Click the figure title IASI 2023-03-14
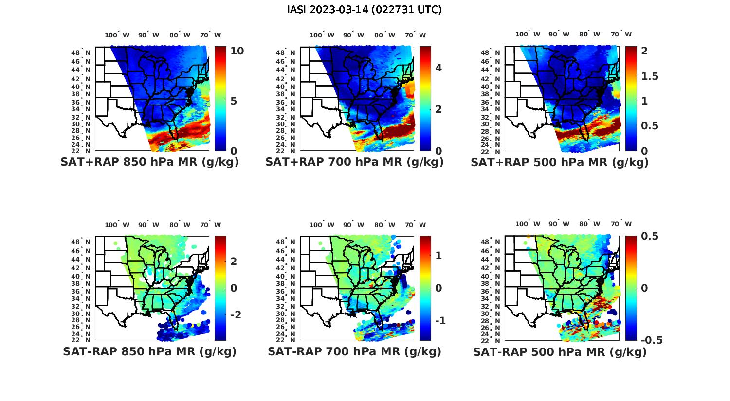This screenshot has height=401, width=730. coord(365,10)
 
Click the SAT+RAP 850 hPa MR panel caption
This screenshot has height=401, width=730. coord(149,162)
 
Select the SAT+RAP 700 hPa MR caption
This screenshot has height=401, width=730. coord(354,162)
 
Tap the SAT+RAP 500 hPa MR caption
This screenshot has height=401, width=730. coord(560,162)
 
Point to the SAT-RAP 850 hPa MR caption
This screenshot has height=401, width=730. coord(149,352)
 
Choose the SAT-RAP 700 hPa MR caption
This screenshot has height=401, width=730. coord(354,352)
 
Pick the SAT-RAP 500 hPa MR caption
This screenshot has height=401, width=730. coord(560,352)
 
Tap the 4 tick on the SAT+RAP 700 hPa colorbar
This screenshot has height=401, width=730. coord(438,68)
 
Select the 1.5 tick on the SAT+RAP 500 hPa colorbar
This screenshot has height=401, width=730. coord(650,76)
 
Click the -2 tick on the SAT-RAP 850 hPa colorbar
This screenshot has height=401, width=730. coord(235,315)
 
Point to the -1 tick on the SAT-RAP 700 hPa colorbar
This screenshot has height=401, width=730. coord(440,321)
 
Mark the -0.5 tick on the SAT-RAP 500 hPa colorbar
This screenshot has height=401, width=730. coord(652,340)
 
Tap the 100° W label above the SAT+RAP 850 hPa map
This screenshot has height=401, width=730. coord(117,35)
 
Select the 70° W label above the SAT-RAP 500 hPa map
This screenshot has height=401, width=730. coord(621,224)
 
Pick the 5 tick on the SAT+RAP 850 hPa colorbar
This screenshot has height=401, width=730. coord(234,101)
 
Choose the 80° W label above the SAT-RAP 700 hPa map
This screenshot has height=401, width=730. coord(384,225)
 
